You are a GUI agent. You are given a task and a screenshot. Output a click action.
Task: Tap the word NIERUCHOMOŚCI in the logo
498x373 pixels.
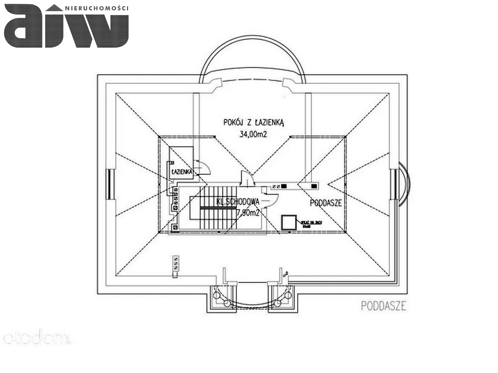click(96, 8)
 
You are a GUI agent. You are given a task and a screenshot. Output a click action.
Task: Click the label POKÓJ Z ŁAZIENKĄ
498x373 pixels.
click(254, 122)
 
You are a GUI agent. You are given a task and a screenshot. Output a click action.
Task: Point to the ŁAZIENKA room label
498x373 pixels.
click(182, 171)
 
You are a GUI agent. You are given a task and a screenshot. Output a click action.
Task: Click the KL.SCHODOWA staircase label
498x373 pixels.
click(238, 202)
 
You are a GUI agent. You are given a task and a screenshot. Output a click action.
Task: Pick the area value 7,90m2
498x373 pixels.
click(248, 213)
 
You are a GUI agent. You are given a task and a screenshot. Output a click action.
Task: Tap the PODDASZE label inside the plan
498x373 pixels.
click(326, 203)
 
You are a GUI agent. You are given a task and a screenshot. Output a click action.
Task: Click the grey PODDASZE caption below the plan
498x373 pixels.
click(383, 306)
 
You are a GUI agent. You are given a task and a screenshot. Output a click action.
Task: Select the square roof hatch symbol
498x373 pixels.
click(289, 222)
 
